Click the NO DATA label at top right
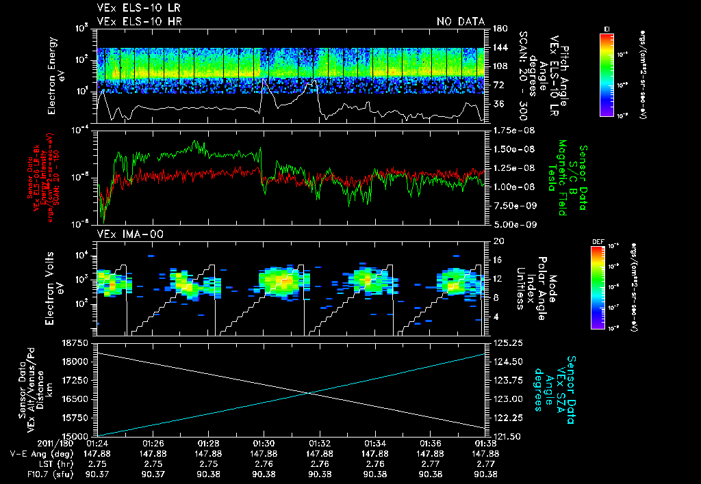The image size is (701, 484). pos(460,21)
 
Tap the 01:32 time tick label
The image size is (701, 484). pos(320,443)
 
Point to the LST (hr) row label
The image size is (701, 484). pos(44,463)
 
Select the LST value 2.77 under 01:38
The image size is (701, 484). pos(486,463)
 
